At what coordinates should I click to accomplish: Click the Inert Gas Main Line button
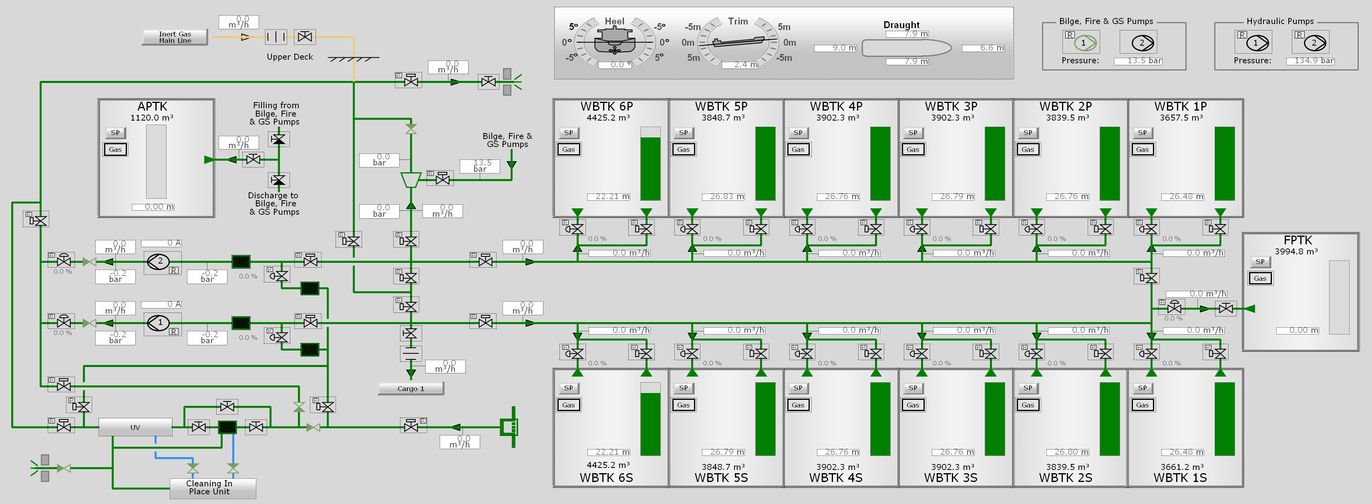pos(175,37)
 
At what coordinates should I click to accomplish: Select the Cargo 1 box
pos(410,388)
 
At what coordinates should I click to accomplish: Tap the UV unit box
pos(135,427)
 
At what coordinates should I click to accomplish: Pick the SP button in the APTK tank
pos(115,133)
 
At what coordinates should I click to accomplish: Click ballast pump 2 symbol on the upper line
pos(159,262)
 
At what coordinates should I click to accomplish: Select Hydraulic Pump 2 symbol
pos(1314,42)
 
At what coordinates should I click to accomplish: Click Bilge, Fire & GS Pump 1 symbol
pos(1083,42)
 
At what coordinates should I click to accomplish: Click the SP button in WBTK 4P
pos(798,133)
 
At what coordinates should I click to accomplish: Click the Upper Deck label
pos(290,57)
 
